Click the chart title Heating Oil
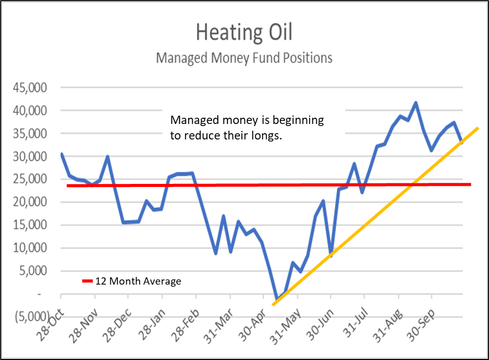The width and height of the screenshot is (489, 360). click(244, 33)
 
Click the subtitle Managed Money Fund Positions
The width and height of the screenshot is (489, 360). click(244, 58)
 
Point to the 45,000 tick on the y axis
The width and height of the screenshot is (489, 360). click(33, 88)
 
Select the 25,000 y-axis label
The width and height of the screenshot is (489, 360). click(33, 179)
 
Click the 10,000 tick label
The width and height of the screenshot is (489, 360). click(33, 248)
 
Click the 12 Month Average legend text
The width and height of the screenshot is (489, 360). click(138, 281)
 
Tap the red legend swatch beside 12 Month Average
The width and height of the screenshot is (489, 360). click(87, 281)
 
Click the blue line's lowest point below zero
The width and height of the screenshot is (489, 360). click(277, 300)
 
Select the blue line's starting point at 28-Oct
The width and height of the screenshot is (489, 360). click(62, 154)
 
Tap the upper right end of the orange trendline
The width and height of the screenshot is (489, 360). click(477, 128)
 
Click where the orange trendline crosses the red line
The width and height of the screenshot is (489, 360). click(412, 184)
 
